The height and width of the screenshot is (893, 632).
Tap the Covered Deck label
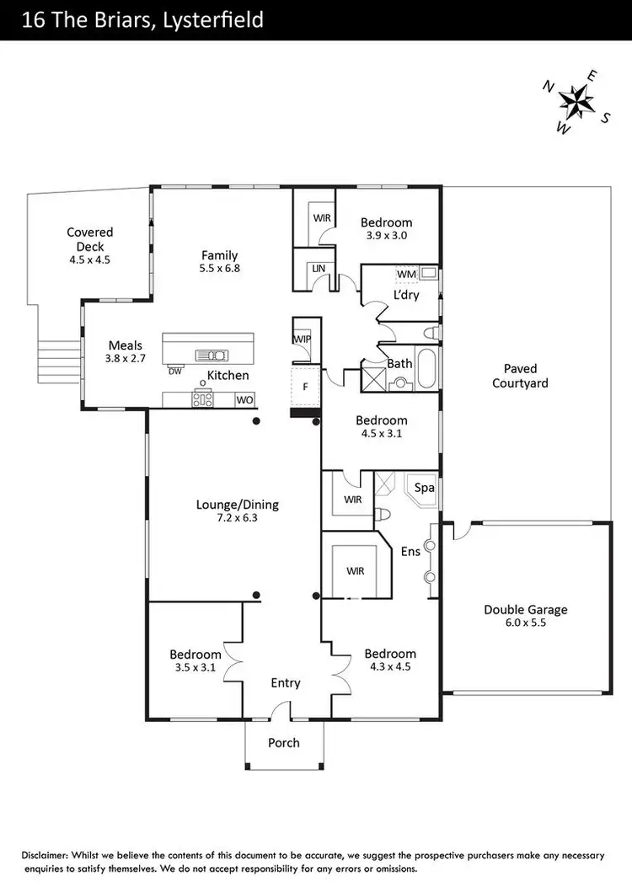90,239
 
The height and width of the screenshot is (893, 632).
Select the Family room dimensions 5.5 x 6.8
219,269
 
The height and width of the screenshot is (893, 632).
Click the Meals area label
125,345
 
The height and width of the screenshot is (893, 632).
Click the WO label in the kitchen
245,400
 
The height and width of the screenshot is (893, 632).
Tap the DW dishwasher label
174,372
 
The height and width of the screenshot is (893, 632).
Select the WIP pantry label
303,340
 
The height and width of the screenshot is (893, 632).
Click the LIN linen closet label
318,267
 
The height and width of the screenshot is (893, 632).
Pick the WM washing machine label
406,275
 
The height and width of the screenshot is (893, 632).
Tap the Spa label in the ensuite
424,488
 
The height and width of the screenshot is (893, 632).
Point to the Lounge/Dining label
237,505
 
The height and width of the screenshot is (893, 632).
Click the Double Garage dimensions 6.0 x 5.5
525,624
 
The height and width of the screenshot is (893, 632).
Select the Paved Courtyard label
526,376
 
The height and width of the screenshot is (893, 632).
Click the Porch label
283,742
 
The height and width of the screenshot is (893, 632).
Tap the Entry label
285,683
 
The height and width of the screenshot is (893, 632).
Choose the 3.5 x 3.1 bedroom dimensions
195,668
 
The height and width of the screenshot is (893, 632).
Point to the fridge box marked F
304,388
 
